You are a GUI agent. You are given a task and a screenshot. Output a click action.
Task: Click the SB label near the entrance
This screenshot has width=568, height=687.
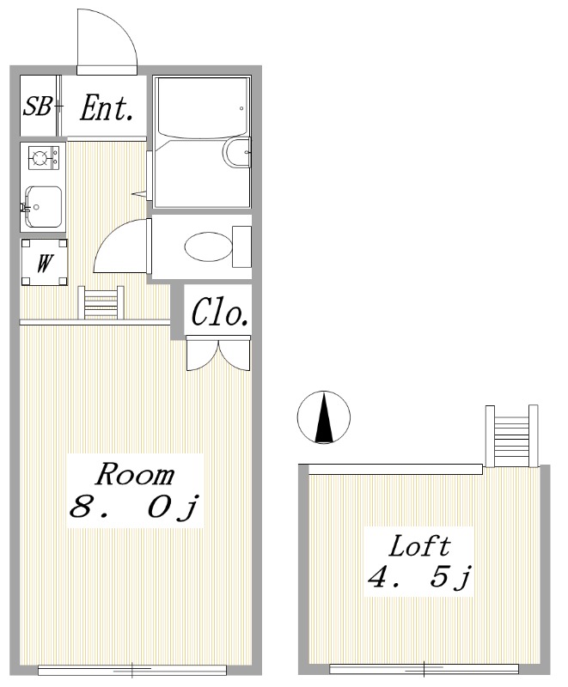37,106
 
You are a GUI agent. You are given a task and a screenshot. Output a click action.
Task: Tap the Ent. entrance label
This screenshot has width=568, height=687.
107,108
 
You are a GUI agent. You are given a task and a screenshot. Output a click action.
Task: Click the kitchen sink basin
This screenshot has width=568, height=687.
43,207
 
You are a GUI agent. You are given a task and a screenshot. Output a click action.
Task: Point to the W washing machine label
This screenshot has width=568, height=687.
45,263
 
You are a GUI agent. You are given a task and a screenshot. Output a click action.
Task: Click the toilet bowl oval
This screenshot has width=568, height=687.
208,246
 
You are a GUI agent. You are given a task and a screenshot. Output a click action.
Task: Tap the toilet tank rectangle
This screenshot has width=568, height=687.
241,246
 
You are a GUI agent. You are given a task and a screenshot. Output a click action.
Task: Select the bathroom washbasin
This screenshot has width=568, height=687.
236,153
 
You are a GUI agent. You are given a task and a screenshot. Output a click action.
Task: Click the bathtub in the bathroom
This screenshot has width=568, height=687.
202,108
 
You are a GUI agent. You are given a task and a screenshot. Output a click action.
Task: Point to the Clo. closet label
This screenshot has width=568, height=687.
219,312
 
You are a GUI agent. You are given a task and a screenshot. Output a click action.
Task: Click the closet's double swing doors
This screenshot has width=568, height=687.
218,353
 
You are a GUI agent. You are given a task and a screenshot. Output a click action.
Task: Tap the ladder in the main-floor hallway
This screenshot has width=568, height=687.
101,302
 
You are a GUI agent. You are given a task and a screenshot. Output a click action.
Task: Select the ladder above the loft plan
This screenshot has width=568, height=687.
511,436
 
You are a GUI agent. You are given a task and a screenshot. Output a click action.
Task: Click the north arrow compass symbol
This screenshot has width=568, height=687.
324,416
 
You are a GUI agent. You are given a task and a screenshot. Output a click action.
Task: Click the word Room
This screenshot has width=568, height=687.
135,475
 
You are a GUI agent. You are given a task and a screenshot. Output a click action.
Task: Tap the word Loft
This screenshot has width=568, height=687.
419,546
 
